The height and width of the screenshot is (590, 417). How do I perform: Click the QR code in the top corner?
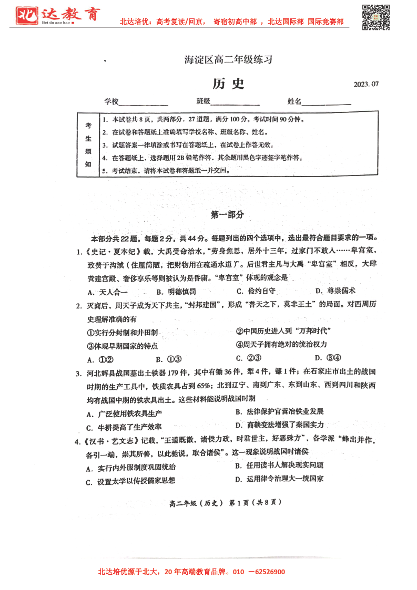pyautogui.click(x=377, y=17)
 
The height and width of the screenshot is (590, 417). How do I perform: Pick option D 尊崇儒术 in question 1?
pyautogui.click(x=335, y=291)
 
